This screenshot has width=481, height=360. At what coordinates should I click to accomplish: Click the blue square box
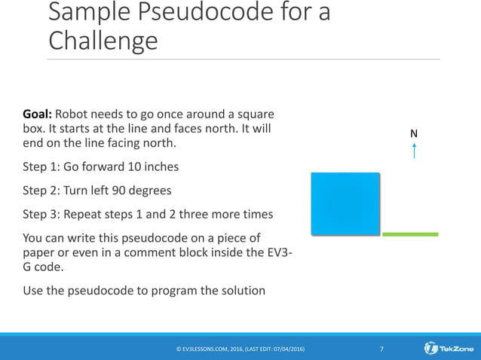pos(345,203)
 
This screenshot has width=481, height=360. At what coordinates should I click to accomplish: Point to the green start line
pos(410,234)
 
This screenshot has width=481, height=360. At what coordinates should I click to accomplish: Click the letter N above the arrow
pos(414,133)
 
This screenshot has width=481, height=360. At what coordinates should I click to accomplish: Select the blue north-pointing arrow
pos(414,151)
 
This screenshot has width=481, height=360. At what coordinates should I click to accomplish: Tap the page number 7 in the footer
pos(382,349)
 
